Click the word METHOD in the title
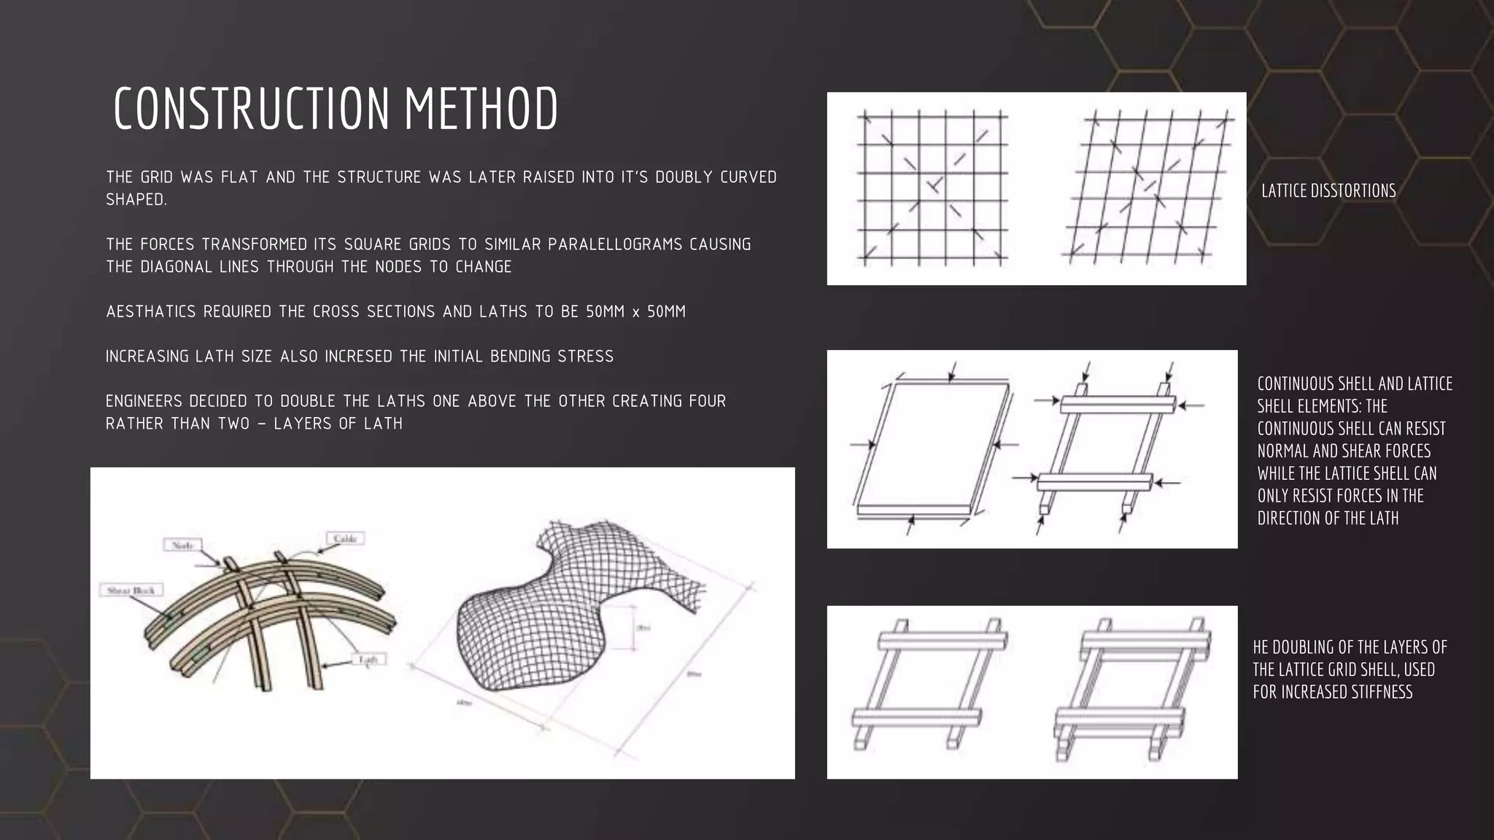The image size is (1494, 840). [481, 109]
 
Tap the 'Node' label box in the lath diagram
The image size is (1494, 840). [182, 545]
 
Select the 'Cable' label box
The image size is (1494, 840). [344, 539]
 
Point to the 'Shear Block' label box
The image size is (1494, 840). [131, 590]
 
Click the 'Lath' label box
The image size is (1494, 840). [367, 660]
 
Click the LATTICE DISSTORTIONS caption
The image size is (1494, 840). [1328, 191]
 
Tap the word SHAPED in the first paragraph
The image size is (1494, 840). [136, 200]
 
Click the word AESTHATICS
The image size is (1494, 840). [151, 312]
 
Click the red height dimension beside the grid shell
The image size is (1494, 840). [633, 627]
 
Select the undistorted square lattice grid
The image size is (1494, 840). [932, 188]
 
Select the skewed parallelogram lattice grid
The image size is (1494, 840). [1148, 188]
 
